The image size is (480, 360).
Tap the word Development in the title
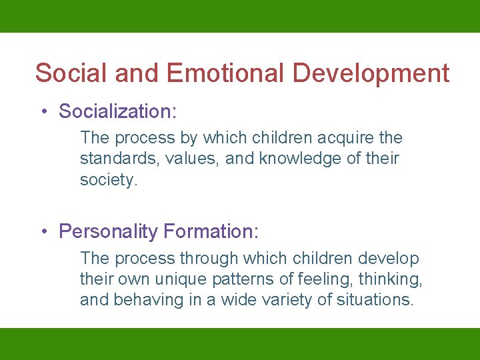[x=372, y=73]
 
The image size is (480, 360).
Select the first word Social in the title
[x=71, y=73]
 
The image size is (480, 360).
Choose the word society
[x=109, y=179]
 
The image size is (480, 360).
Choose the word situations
[x=373, y=300]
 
